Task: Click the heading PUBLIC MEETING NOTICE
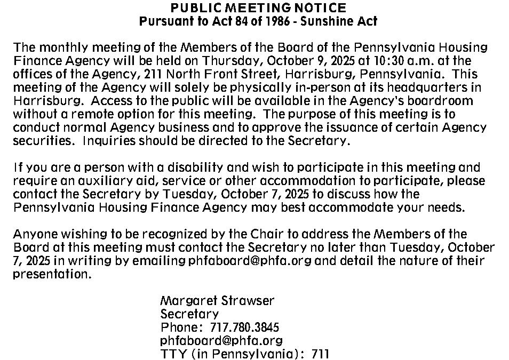tap(258, 8)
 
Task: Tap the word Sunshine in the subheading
tap(325, 21)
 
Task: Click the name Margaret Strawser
tap(217, 301)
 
